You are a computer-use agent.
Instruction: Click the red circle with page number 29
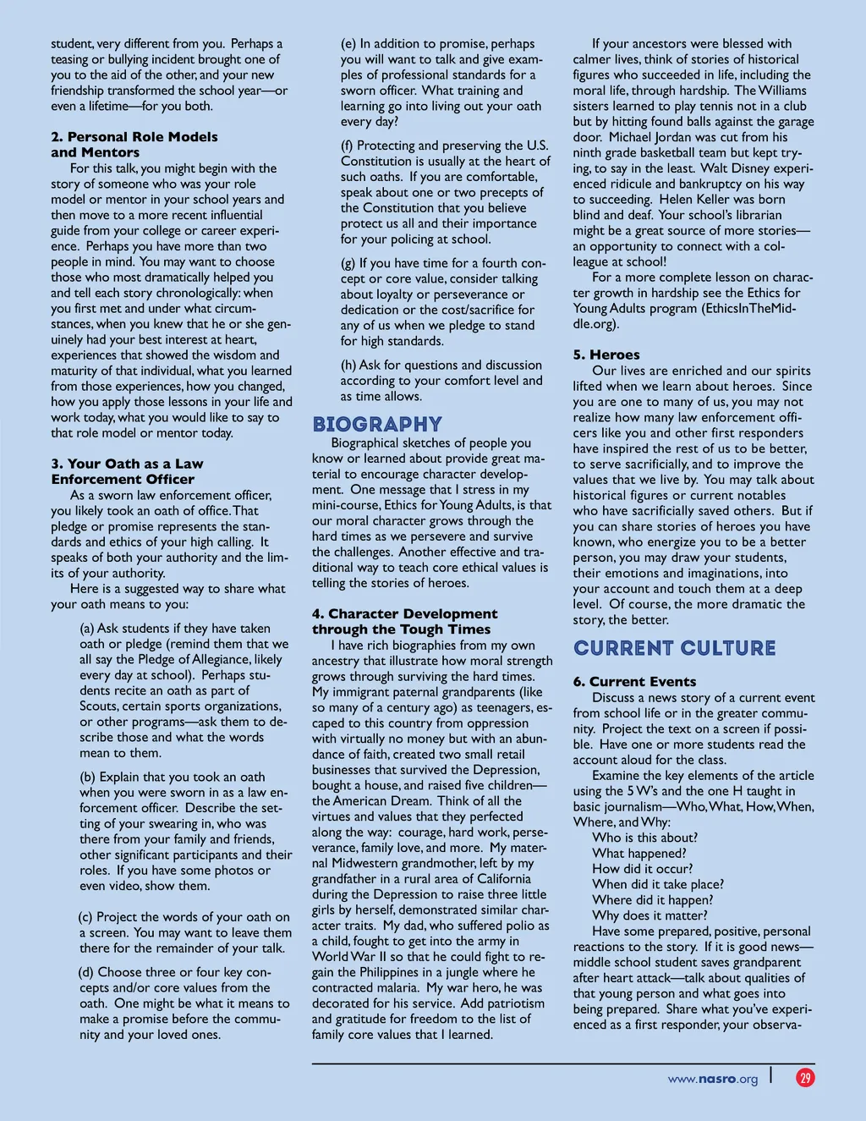coord(805,1077)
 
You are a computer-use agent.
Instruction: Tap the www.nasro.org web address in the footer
coord(712,1079)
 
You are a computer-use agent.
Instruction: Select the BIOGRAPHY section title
coord(377,424)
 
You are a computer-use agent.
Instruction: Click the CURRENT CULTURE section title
coord(674,648)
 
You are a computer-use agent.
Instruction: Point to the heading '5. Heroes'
coord(606,354)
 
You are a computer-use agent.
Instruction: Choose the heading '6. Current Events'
coord(634,681)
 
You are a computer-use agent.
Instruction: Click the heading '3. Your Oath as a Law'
coord(127,463)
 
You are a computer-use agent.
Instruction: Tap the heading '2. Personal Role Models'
coord(134,136)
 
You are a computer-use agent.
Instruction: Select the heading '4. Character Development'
coord(404,613)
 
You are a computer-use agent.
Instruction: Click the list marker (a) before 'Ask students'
coord(86,628)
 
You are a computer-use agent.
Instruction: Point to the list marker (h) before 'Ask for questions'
coord(348,365)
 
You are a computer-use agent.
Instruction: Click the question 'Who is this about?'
coord(644,838)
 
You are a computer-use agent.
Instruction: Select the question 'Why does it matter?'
coord(649,915)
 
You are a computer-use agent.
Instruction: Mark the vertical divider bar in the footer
coord(771,1075)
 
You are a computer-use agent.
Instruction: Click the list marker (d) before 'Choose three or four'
coord(85,972)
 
